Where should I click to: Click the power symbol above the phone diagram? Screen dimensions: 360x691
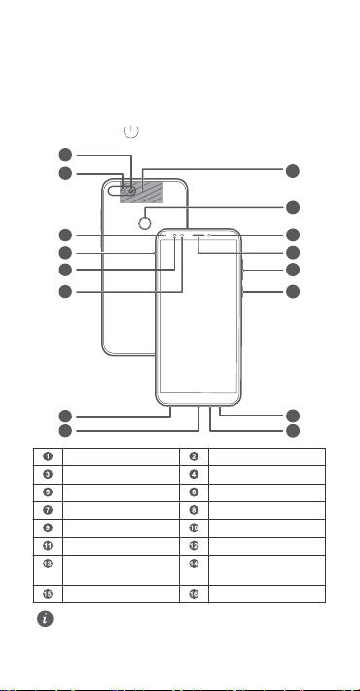[x=131, y=130]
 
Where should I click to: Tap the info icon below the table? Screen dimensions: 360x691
[x=45, y=618]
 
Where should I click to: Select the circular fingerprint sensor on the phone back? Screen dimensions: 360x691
[x=145, y=224]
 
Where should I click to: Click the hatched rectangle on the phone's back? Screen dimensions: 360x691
[x=141, y=192]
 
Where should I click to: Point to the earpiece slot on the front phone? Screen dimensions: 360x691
[x=199, y=236]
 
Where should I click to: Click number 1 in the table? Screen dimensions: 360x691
[x=48, y=456]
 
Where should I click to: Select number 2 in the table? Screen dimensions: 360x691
[x=194, y=456]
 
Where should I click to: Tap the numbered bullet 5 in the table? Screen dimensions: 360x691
[x=48, y=492]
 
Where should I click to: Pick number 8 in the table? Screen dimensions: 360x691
[x=194, y=510]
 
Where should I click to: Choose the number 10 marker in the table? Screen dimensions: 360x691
[x=194, y=527]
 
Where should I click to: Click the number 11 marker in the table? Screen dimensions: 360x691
[x=48, y=546]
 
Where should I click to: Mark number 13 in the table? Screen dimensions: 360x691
[x=48, y=564]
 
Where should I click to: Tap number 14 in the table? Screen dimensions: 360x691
[x=194, y=564]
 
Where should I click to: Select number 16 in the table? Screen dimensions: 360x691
[x=194, y=594]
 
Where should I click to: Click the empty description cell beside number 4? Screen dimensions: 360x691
[x=267, y=475]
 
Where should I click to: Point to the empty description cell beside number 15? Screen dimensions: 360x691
[x=121, y=594]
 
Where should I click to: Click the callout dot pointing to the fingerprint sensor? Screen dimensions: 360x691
[x=293, y=207]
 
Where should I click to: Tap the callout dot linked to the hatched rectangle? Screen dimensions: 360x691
[x=293, y=171]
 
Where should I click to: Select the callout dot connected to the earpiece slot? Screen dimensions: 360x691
[x=293, y=252]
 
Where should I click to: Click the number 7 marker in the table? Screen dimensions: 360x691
[x=48, y=510]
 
